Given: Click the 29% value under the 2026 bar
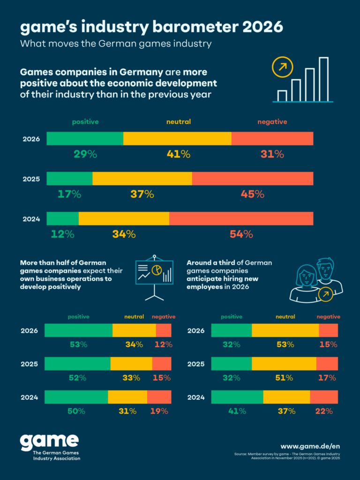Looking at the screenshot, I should click(85, 154).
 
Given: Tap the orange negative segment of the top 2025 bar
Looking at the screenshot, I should click(252, 179).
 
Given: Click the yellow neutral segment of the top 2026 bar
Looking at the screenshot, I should click(177, 139).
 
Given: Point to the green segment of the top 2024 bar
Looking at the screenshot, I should click(62, 219).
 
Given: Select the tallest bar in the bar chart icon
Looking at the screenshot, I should click(323, 79).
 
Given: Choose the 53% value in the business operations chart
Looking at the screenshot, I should click(78, 345).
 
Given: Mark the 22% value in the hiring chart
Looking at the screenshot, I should click(323, 411).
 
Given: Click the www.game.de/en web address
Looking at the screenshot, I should click(310, 446).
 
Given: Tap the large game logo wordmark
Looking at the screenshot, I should click(49, 442).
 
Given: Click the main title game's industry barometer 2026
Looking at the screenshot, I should click(151, 27).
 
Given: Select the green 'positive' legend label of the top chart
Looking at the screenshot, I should click(85, 122).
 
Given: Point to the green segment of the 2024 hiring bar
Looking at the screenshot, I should click(237, 397).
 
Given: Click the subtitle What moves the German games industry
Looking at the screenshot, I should click(116, 45).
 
